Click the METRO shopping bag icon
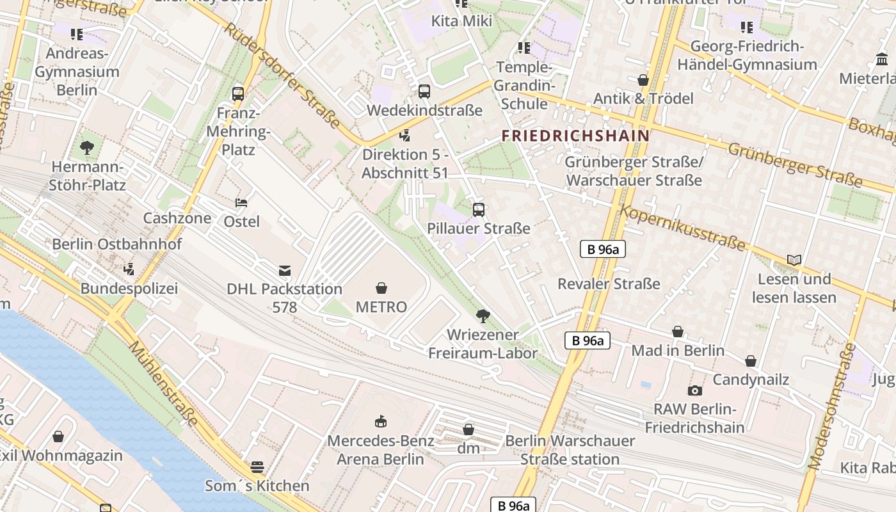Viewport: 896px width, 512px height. click(x=381, y=288)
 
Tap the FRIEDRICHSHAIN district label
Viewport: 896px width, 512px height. click(x=575, y=136)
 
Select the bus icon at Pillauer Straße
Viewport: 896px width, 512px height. click(x=479, y=209)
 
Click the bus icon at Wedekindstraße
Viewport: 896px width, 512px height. click(x=424, y=91)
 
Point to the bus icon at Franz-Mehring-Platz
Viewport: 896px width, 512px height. click(x=238, y=93)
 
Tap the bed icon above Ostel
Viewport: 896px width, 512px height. click(x=241, y=203)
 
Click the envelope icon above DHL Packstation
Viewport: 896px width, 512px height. click(x=285, y=271)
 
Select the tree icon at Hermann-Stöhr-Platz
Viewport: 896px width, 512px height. click(x=87, y=148)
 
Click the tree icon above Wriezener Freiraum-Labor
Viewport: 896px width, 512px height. click(x=483, y=316)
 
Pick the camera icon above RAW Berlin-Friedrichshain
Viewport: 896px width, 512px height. click(x=695, y=390)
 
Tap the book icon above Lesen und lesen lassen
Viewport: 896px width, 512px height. click(x=794, y=260)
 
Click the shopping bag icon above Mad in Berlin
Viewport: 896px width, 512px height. click(x=678, y=332)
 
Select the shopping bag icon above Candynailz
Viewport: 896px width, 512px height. click(x=751, y=361)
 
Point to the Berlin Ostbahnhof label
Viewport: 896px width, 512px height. click(x=117, y=244)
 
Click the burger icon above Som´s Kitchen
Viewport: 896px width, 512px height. click(x=257, y=467)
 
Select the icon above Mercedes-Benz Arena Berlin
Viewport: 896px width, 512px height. click(x=381, y=421)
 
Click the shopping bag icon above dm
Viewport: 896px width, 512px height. click(x=468, y=429)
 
